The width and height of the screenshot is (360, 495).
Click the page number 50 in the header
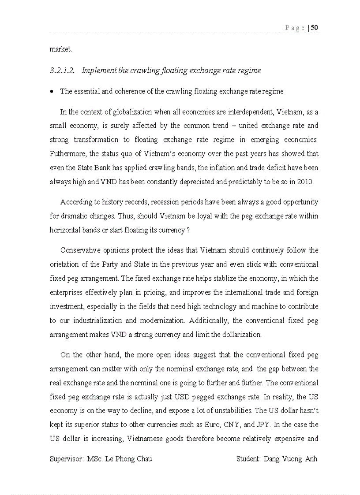point(315,28)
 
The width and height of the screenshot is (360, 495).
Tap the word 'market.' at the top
point(60,49)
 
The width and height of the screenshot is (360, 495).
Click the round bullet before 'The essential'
point(52,92)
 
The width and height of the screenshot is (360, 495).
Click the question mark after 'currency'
point(188,231)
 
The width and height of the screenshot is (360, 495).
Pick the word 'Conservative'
point(80,250)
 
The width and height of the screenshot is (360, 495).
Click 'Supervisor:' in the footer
point(67,459)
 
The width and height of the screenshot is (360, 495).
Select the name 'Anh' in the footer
point(311,459)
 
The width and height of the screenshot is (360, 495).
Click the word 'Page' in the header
point(295,28)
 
